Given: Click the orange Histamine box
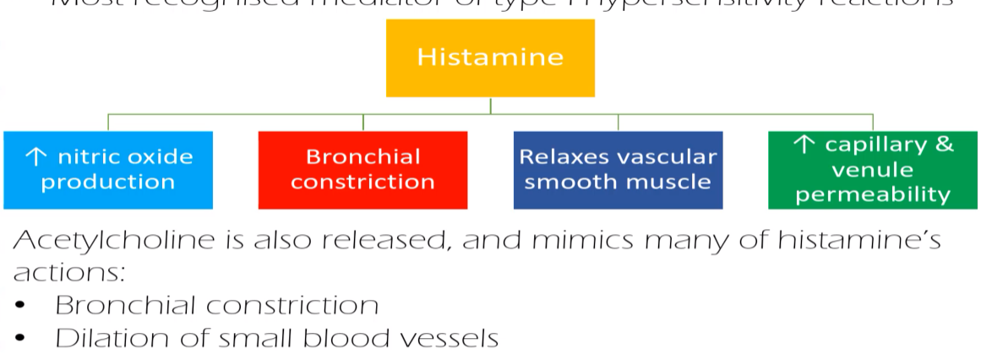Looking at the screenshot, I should [x=490, y=57].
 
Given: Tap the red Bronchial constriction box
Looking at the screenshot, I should [x=362, y=169].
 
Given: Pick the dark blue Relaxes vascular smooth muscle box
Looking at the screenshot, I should [x=618, y=169].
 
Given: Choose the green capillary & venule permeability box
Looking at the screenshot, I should [x=872, y=169].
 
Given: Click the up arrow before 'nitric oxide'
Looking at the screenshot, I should [x=35, y=156].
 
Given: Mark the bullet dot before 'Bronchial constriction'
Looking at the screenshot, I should [x=20, y=306].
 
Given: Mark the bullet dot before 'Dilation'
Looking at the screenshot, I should [x=20, y=340].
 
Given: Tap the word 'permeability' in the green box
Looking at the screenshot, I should [x=873, y=195].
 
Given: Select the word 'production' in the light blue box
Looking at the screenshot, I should [x=108, y=182].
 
